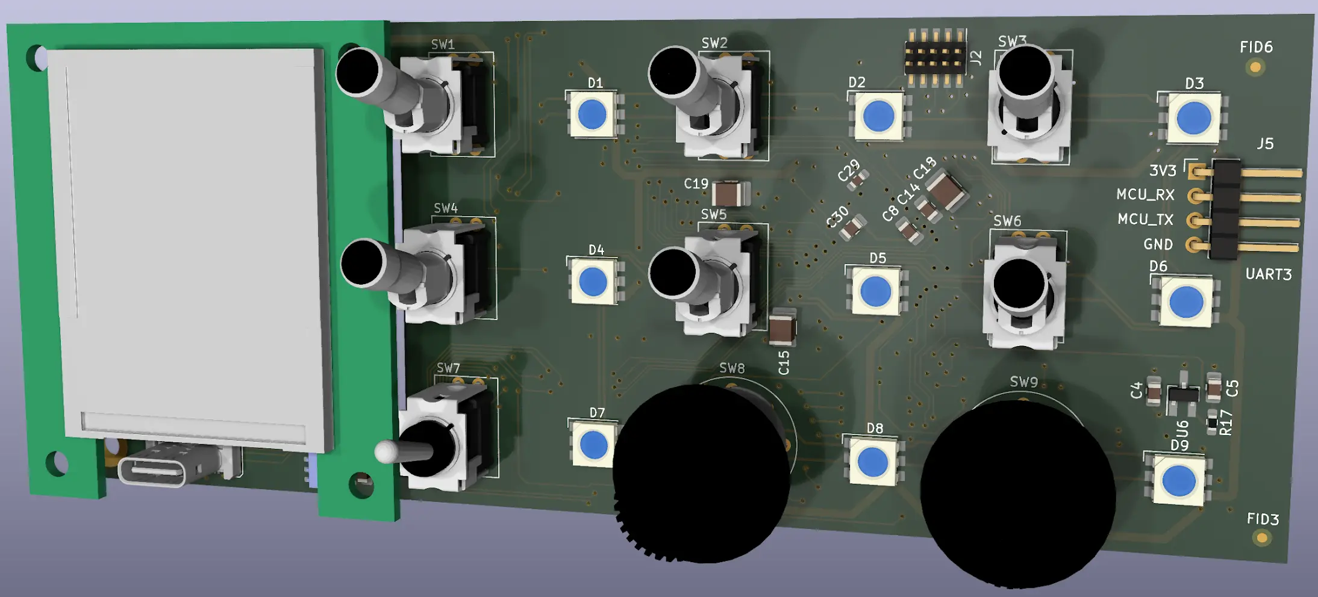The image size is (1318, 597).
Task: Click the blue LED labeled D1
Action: pos(592,114)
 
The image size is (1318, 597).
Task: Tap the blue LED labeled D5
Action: pos(875,292)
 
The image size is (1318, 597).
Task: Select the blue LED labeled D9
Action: pos(1178,481)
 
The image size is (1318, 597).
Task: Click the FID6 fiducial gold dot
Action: pos(1255,67)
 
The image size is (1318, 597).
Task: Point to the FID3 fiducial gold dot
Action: pos(1261,537)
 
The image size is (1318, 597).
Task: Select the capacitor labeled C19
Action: pos(730,193)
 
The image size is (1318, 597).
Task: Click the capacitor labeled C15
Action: pos(782,328)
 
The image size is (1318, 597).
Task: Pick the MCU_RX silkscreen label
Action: pos(1145,195)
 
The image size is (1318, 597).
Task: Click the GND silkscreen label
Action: pos(1158,244)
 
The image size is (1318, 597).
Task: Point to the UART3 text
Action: pos(1268,274)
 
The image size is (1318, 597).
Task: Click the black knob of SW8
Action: pos(702,474)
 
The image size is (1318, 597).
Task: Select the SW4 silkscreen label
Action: pos(446,208)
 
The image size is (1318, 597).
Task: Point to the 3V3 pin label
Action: pos(1162,171)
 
